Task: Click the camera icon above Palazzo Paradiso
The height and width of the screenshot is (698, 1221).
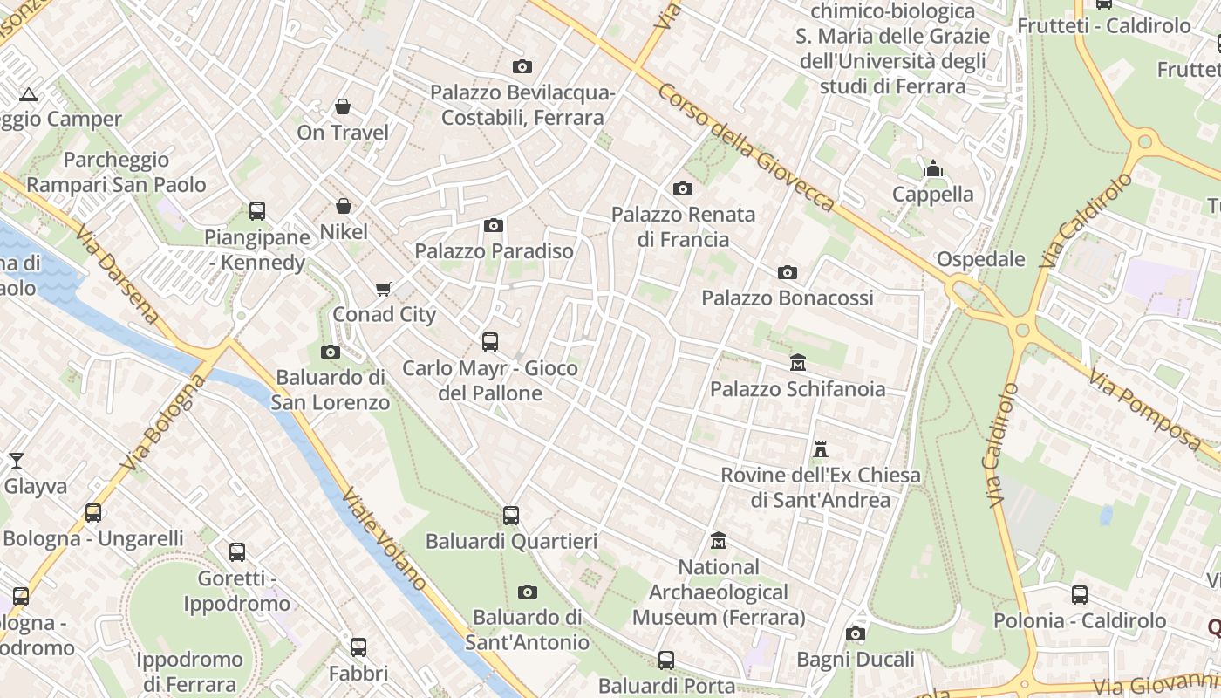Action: click(x=494, y=226)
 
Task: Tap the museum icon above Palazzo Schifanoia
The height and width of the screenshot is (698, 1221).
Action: click(x=797, y=362)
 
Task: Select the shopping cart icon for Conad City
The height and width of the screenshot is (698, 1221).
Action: click(x=383, y=289)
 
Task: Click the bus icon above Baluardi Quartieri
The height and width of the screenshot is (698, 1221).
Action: click(x=511, y=516)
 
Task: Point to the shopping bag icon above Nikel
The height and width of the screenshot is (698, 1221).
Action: click(x=344, y=207)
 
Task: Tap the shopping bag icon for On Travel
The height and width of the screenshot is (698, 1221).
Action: click(x=343, y=106)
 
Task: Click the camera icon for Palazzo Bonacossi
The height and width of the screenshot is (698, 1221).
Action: click(x=787, y=273)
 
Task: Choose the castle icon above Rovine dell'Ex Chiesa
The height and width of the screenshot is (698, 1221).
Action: click(x=820, y=449)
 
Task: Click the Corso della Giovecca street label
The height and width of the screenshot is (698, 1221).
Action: click(x=746, y=147)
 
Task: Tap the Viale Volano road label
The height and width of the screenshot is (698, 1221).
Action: click(x=385, y=538)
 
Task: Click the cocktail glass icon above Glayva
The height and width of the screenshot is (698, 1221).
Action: click(x=17, y=460)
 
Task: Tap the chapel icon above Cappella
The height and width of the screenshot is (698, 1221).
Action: click(x=933, y=168)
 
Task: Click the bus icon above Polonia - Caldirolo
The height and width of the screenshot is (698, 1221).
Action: click(x=1080, y=595)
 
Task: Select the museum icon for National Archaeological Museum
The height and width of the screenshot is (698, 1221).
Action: click(x=719, y=542)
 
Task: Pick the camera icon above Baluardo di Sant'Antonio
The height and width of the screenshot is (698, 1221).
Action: click(x=527, y=592)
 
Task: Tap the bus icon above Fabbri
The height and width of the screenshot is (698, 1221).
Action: click(x=358, y=647)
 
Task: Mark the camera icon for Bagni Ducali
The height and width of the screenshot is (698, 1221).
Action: click(x=856, y=633)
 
